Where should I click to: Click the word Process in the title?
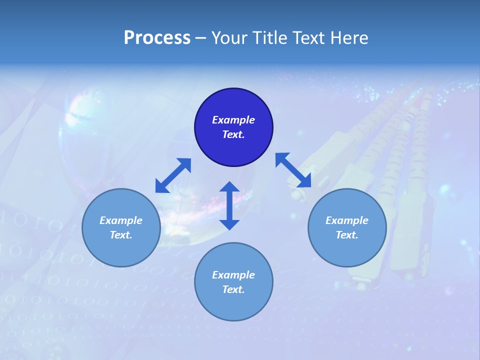point(157,38)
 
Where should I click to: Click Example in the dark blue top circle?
point(233,120)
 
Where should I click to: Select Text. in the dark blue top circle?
point(233,134)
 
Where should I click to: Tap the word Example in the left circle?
point(121,220)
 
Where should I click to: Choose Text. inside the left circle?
point(121,235)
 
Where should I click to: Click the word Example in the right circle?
point(347,220)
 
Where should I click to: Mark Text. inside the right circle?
point(347,235)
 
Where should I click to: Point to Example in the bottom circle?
point(233,275)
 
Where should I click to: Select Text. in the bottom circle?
point(233,289)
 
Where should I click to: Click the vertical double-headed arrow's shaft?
point(229,205)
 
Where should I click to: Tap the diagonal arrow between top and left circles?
point(173,175)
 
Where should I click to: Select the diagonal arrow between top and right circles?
point(293,170)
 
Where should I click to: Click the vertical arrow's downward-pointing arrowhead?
point(229,224)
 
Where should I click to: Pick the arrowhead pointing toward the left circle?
point(161,186)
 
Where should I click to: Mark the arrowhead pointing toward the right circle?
point(304,181)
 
